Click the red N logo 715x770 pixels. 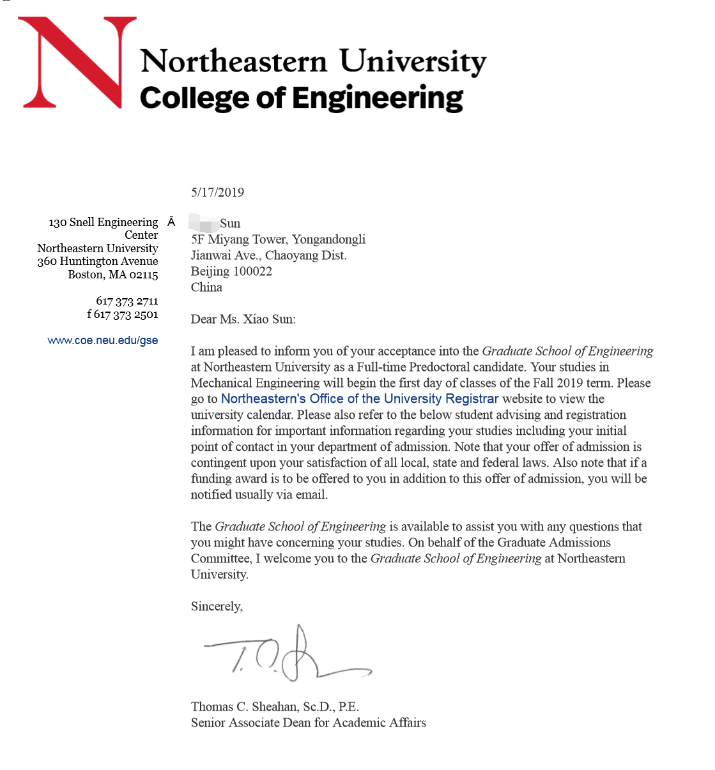77,62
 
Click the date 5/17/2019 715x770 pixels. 217,192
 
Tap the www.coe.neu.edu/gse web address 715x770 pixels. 102,340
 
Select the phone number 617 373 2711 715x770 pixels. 127,301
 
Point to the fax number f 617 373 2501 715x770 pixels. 122,314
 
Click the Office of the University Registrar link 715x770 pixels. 359,399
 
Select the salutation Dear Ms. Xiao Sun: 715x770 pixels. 243,319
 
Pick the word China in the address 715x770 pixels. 206,287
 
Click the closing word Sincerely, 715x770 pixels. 217,607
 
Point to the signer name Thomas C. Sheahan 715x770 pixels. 245,707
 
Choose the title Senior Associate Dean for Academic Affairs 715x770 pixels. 308,723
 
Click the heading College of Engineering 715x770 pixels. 301,98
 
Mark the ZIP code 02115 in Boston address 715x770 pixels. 143,275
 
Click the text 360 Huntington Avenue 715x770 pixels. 97,261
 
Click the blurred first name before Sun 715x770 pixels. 204,223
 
